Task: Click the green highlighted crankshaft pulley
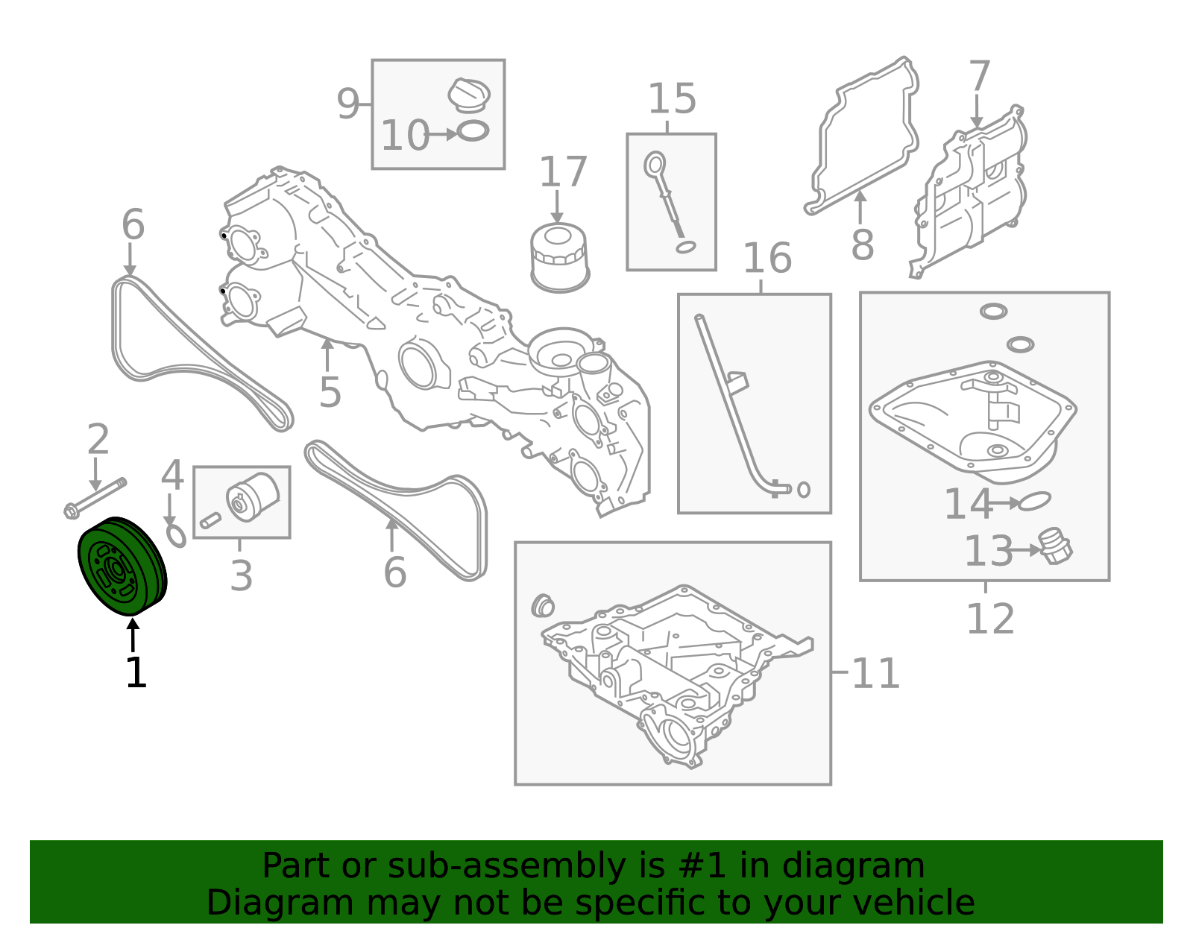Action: pos(122,567)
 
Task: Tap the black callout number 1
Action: pos(136,672)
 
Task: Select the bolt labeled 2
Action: pos(95,498)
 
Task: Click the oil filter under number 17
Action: pos(560,257)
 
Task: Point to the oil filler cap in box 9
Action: pos(469,95)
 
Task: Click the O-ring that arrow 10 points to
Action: pos(473,131)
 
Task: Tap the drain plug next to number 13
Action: pos(1056,546)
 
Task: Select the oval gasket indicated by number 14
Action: pos(1034,501)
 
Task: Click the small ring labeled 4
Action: pos(176,535)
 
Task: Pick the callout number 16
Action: pos(767,258)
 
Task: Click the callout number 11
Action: pos(875,673)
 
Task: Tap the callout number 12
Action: pos(990,619)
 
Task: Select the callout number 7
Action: pos(980,76)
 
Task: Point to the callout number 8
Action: pos(863,245)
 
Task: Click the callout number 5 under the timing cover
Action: pos(330,392)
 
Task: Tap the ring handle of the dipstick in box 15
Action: pos(655,165)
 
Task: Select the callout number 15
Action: pos(672,99)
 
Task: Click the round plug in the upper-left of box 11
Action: pos(542,606)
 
